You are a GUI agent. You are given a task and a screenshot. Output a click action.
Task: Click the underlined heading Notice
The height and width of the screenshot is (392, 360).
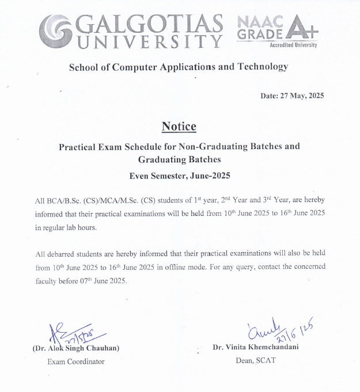coord(179,127)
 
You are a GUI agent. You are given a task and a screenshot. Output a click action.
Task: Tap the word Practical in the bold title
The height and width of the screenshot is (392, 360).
coord(80,146)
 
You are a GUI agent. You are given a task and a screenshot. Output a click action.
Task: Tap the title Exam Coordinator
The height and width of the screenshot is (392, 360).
coord(76,361)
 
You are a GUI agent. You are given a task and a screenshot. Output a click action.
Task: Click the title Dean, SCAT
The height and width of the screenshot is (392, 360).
coord(256,361)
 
